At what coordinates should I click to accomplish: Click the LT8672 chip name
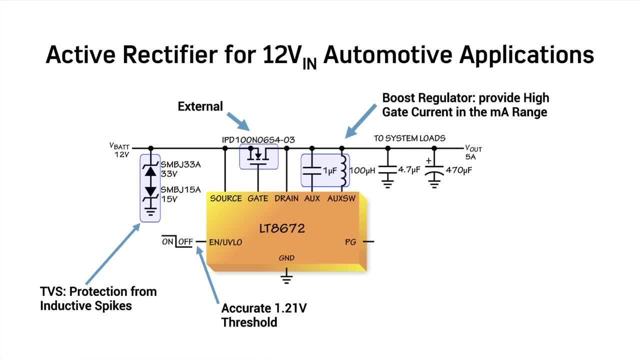(x=282, y=229)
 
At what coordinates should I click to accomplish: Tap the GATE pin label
(x=258, y=198)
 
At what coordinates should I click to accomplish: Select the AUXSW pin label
(x=341, y=198)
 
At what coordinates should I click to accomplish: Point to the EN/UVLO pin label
(x=225, y=242)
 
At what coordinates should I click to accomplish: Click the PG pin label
(x=350, y=242)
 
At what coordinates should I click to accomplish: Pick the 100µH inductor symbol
(x=343, y=170)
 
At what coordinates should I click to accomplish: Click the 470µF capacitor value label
(x=458, y=170)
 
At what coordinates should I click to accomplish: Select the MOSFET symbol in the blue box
(x=258, y=156)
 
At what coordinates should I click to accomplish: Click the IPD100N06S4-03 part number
(x=258, y=139)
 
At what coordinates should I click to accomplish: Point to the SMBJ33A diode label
(x=180, y=164)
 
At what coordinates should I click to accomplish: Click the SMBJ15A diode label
(x=180, y=189)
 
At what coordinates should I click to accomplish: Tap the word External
(x=200, y=106)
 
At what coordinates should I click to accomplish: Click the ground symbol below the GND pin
(x=286, y=277)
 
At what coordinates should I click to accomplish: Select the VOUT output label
(x=473, y=148)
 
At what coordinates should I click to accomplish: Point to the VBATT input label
(x=119, y=146)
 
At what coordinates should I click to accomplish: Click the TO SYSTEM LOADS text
(x=409, y=138)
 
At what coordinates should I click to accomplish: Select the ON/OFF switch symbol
(x=177, y=241)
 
